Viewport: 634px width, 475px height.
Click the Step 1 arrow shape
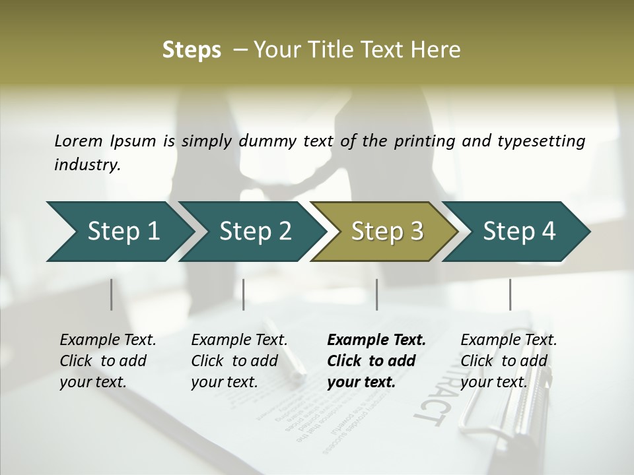point(119,232)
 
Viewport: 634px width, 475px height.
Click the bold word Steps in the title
point(192,50)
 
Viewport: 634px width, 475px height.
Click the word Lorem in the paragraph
point(78,141)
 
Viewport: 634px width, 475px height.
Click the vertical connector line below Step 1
point(111,294)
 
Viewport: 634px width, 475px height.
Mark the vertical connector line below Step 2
point(244,294)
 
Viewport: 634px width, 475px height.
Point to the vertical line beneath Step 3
point(376,294)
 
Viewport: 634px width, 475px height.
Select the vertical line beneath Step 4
point(510,294)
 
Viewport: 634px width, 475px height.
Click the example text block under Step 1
point(108,361)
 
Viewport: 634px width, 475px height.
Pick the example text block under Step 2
point(239,361)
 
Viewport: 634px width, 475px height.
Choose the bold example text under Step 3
point(376,361)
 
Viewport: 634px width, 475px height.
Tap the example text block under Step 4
point(509,361)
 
